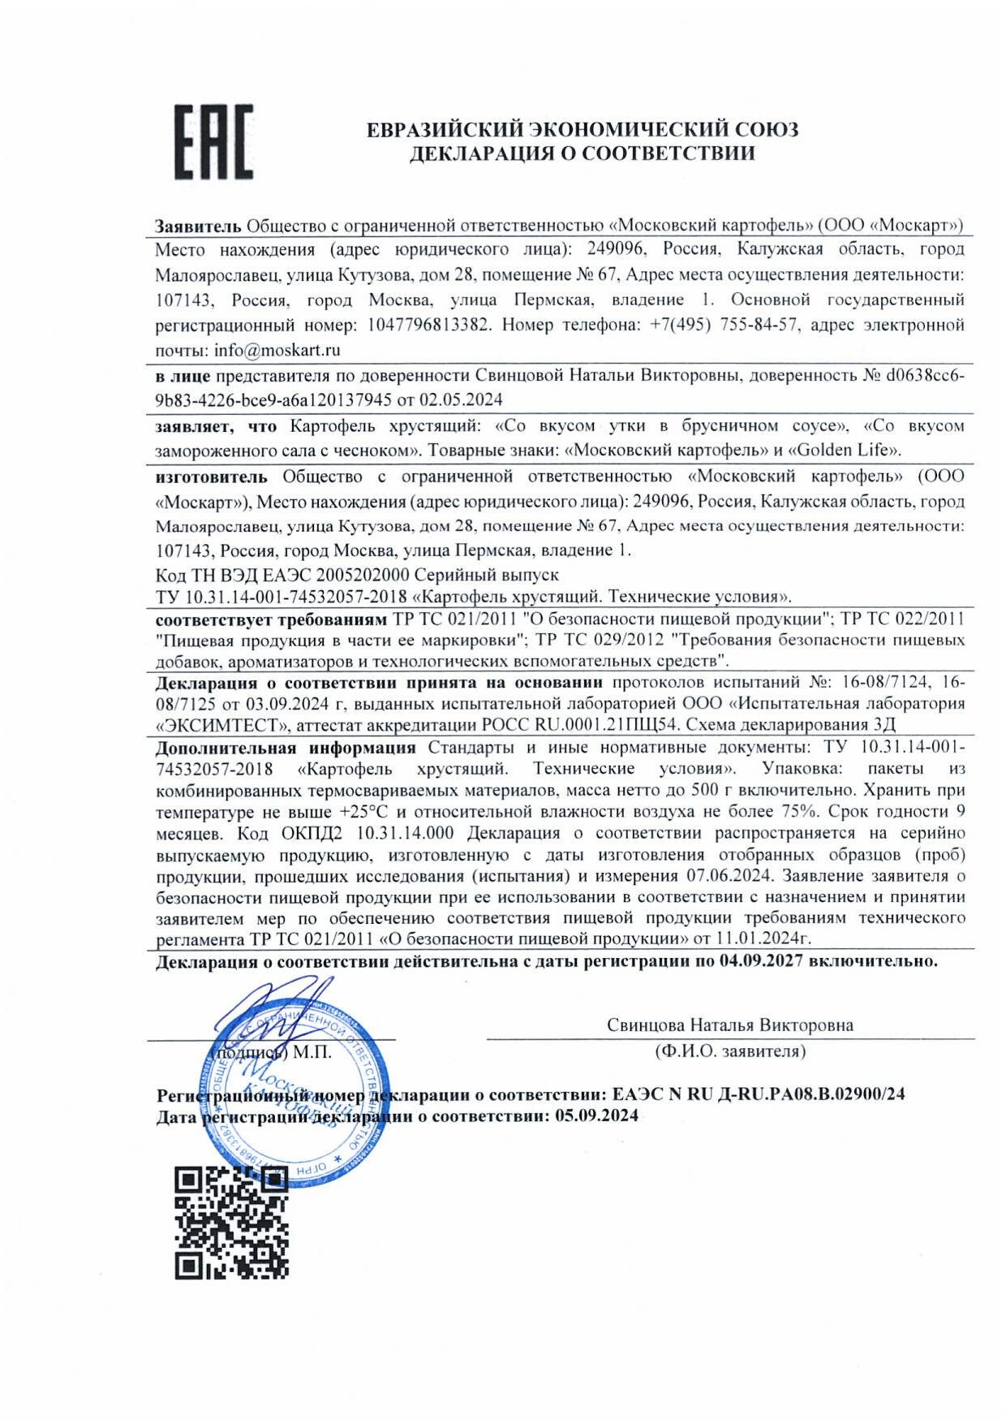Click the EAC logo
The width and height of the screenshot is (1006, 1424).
pyautogui.click(x=214, y=141)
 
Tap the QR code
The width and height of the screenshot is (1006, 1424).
pyautogui.click(x=232, y=1223)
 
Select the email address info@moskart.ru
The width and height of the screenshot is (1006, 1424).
pyautogui.click(x=277, y=351)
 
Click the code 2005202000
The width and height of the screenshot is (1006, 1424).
pyautogui.click(x=363, y=575)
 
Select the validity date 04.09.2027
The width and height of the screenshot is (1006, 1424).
pyautogui.click(x=761, y=961)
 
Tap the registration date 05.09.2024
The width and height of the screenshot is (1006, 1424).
pyautogui.click(x=596, y=1115)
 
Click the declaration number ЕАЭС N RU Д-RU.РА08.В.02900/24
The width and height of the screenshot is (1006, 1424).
pyautogui.click(x=759, y=1094)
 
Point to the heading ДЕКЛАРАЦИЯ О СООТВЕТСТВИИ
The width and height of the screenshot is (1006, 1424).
pyautogui.click(x=582, y=153)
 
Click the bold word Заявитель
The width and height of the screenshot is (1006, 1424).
pyautogui.click(x=198, y=226)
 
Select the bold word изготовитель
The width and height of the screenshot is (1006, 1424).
pyautogui.click(x=211, y=476)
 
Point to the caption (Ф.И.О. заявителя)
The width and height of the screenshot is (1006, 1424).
pyautogui.click(x=730, y=1051)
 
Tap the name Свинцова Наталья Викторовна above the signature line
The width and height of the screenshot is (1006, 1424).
pyautogui.click(x=729, y=1025)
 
